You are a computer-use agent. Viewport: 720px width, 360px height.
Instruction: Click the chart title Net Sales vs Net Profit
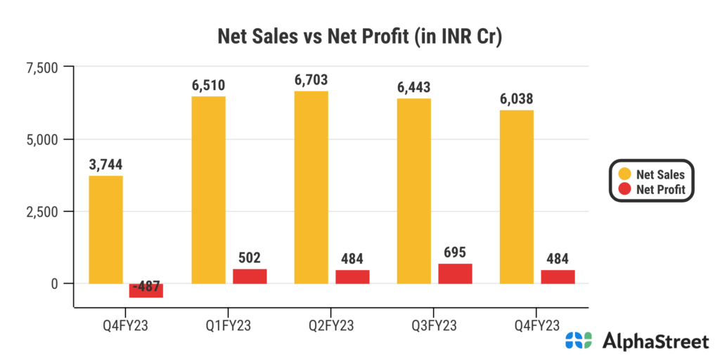(359, 36)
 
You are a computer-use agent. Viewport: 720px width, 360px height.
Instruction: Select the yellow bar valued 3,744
(106, 229)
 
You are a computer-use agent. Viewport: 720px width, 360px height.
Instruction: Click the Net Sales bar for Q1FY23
(209, 190)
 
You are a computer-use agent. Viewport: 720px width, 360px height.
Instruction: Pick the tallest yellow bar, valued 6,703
(311, 187)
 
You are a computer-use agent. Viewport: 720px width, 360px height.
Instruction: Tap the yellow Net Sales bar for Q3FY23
(414, 191)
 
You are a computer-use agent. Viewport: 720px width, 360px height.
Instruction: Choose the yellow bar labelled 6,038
(517, 197)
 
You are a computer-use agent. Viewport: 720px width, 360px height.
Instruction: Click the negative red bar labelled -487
(146, 290)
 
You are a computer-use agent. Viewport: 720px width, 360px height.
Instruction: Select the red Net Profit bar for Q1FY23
(250, 276)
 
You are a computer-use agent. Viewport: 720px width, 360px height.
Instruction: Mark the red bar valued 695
(455, 274)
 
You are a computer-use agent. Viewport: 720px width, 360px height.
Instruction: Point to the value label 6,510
(209, 86)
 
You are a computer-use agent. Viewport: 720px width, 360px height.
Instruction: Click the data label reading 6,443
(414, 88)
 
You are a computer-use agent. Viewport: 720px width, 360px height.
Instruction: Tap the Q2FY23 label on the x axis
(331, 326)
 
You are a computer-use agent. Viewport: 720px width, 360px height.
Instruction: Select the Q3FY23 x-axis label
(434, 326)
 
